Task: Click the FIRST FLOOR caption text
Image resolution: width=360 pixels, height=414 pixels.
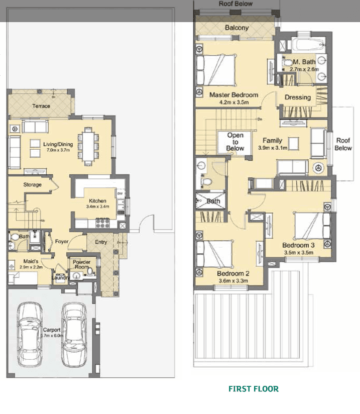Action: point(253,388)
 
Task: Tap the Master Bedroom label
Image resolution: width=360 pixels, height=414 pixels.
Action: point(233,94)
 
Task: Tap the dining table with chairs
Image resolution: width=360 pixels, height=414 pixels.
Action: point(88,146)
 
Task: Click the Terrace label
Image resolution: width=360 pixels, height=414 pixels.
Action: point(41,106)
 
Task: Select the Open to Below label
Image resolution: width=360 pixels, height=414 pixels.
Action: point(235,142)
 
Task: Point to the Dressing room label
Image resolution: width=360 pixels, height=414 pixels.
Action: point(298,97)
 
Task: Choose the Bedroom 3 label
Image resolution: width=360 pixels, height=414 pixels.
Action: point(298,245)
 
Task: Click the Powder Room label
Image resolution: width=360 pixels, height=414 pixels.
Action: point(81,264)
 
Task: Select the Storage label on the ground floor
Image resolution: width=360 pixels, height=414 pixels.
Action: point(32,185)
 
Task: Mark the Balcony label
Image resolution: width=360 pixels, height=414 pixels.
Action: point(236,28)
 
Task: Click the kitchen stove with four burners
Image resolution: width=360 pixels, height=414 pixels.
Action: point(103,222)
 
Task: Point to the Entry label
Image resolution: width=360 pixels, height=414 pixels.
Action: point(101,242)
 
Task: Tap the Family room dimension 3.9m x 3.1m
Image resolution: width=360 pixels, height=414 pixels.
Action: point(272,148)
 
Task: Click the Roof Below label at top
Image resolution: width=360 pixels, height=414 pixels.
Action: point(235,4)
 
